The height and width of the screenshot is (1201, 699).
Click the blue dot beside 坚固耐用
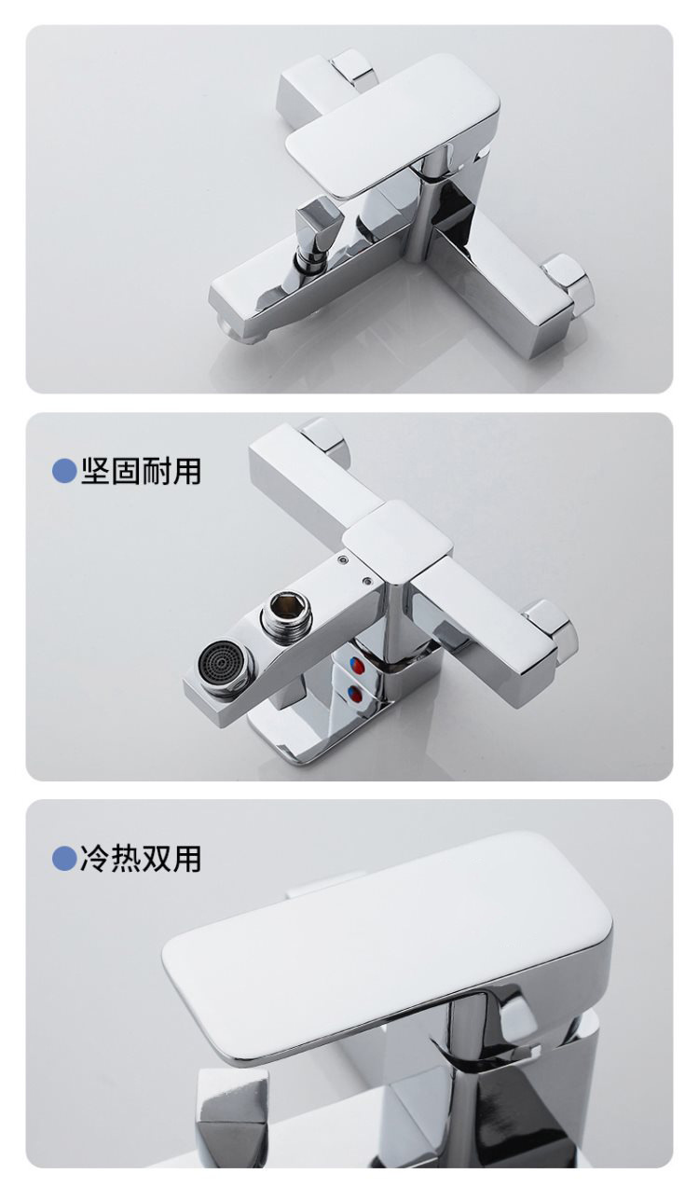[x=64, y=471]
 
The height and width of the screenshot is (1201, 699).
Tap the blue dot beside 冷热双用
[x=64, y=858]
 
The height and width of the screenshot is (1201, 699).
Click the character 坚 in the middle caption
[x=95, y=471]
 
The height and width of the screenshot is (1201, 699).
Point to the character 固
[x=126, y=471]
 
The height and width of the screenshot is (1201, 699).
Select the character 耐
[x=156, y=471]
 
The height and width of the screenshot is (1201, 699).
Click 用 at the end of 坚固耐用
[x=186, y=471]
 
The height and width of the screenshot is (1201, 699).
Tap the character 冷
[x=95, y=858]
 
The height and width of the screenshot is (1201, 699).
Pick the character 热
[x=126, y=858]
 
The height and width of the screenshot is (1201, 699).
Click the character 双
[x=156, y=858]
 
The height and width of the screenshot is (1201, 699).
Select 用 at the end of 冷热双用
[x=186, y=858]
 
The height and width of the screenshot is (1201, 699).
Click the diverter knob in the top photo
[x=312, y=227]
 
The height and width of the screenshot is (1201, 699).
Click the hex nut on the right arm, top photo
[x=569, y=284]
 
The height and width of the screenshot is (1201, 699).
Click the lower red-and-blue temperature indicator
[x=355, y=696]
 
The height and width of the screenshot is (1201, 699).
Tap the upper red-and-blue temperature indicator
[x=355, y=666]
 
